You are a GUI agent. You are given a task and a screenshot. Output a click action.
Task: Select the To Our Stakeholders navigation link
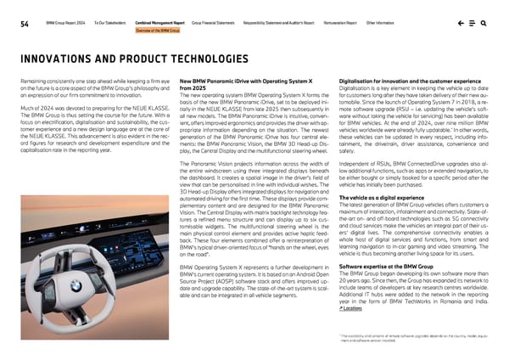[x=109, y=20]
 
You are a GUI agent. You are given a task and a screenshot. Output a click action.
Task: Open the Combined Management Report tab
[x=161, y=20]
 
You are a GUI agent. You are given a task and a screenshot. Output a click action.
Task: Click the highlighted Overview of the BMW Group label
[x=158, y=30]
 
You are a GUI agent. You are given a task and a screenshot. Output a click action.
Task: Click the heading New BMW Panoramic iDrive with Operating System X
[x=240, y=82]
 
